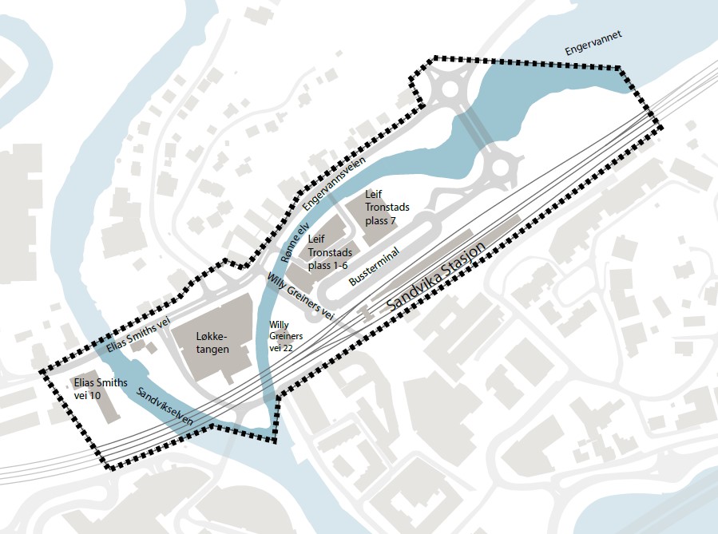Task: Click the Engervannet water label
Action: point(593,44)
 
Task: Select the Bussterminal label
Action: point(374,266)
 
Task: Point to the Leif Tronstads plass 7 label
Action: point(381,208)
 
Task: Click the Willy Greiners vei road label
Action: point(299,297)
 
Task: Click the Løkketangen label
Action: point(212,343)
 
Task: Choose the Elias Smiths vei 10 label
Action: point(100,390)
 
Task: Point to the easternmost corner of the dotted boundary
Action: point(659,126)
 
